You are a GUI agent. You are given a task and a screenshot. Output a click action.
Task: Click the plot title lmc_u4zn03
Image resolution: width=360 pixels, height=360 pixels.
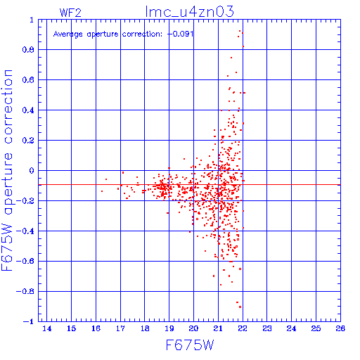point(190,11)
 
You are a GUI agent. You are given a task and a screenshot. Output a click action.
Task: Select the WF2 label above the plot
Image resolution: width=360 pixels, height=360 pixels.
point(70,13)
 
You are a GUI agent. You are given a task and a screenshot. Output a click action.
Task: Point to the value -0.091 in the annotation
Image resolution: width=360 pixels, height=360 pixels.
point(181,34)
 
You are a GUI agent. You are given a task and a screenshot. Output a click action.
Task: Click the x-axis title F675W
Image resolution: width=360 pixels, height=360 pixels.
point(190,345)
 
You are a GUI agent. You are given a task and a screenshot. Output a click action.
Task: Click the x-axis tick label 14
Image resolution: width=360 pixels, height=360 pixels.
point(47,328)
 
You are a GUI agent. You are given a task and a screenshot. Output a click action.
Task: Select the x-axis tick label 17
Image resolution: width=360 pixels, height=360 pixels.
point(120,328)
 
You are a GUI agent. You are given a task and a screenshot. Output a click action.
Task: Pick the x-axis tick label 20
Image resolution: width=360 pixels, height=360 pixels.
point(194,328)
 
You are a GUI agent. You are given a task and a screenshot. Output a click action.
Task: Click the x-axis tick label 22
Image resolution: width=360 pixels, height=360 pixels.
point(243,328)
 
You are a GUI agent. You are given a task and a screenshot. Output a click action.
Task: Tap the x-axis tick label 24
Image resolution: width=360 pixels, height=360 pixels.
point(291,328)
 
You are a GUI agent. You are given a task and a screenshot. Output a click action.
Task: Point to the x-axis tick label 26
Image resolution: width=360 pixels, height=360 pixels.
point(340,328)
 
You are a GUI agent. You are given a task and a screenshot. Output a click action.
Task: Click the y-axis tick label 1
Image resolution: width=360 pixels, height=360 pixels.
point(32,20)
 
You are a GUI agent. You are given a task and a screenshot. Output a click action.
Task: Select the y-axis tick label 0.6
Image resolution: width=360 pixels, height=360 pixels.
point(28,80)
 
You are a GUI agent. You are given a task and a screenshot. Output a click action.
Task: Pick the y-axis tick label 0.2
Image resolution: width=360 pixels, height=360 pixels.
point(28,141)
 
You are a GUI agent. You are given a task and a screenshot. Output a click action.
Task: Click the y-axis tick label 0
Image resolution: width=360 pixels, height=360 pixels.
point(32,170)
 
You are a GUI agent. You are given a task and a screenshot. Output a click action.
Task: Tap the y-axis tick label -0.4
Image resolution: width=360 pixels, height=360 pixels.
point(25,231)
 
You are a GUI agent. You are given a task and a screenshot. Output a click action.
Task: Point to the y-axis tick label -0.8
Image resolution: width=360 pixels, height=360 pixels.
point(25,291)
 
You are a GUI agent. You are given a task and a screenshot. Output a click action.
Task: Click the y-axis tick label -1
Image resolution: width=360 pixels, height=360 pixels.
point(28,321)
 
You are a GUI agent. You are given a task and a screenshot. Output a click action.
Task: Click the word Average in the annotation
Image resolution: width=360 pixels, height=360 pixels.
point(68,34)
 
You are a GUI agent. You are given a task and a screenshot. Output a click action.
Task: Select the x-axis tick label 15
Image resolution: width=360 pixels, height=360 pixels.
point(71,328)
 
